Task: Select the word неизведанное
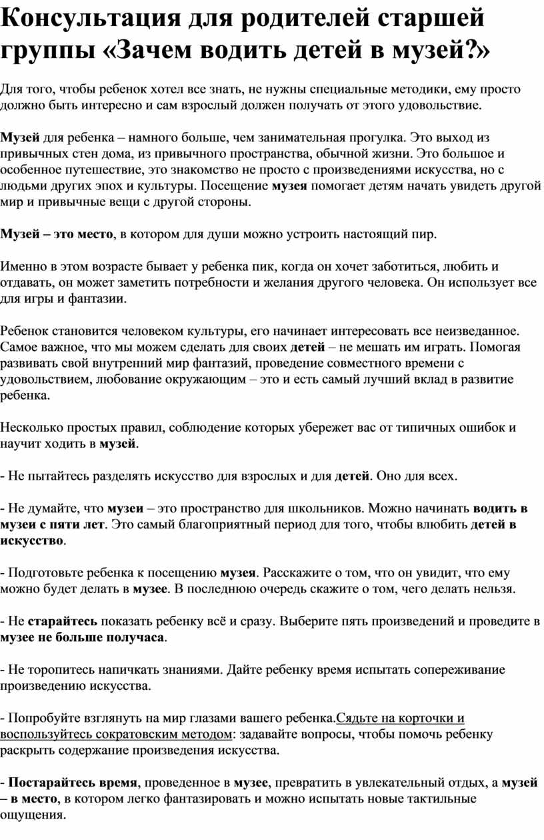point(477,331)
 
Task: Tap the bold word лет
point(92,524)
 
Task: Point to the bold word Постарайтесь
point(51,783)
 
